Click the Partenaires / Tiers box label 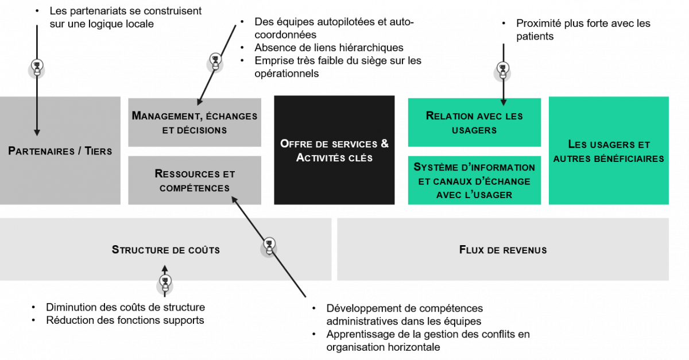point(60,152)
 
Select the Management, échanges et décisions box point(195,122)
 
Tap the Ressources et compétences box point(195,180)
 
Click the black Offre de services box point(334,150)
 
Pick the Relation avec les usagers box point(474,122)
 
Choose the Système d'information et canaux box point(474,181)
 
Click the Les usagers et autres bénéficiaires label point(609,151)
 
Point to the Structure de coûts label point(165,250)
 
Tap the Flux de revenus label point(503,250)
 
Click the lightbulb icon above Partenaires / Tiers point(37,68)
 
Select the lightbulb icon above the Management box point(215,61)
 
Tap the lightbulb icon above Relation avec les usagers point(503,71)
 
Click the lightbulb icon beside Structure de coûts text point(269,246)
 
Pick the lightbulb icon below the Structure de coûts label point(165,284)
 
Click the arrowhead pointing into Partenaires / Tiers point(37,133)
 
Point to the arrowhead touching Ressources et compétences point(234,199)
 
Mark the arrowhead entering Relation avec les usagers point(504,103)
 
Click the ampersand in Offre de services point(384,143)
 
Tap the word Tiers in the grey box point(98,152)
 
